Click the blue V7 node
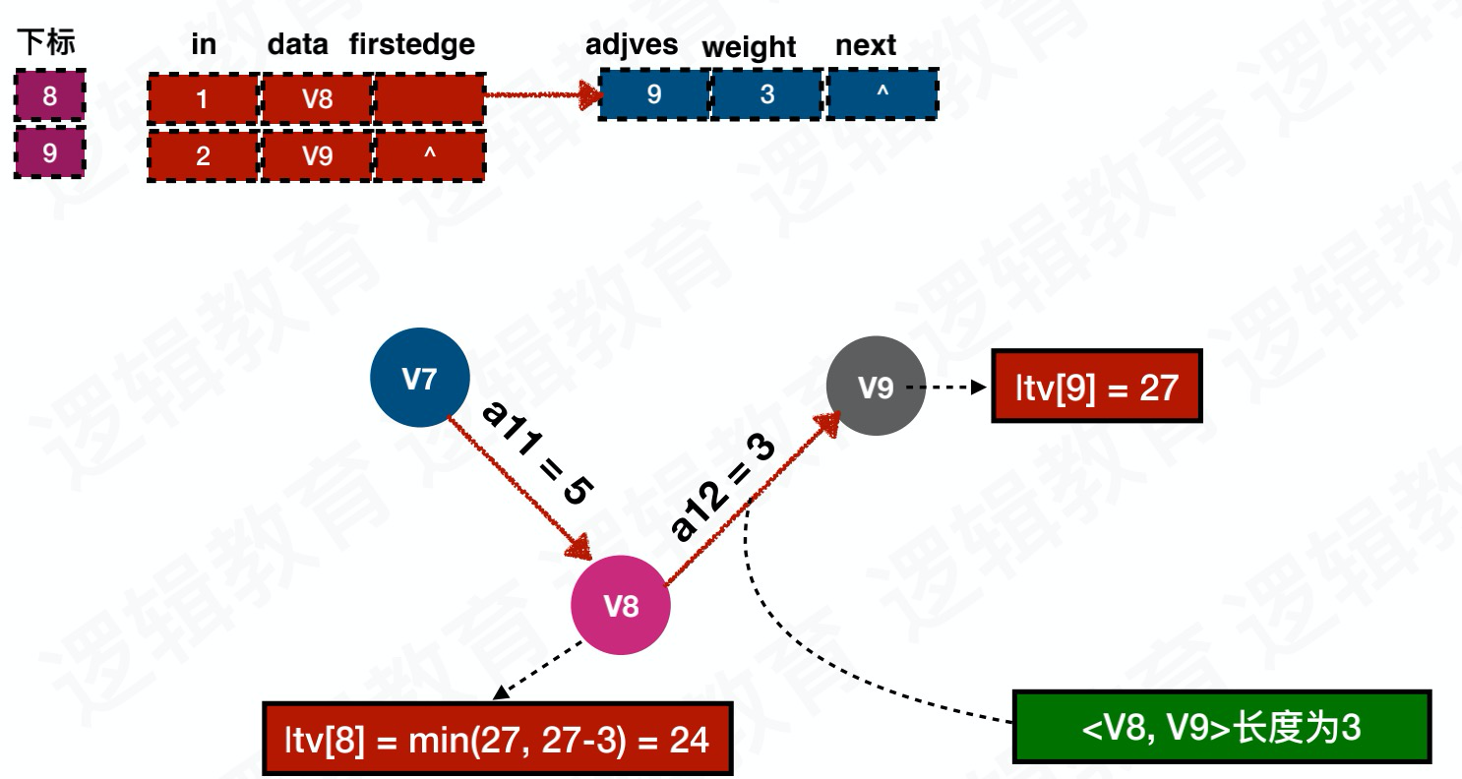click(420, 379)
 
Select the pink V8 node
click(621, 605)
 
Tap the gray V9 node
click(876, 387)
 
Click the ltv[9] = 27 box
click(1096, 387)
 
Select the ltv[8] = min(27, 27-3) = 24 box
click(497, 739)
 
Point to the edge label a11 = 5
click(537, 453)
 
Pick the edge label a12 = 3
click(723, 488)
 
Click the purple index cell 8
click(49, 96)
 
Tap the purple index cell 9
click(49, 152)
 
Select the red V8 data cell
click(317, 98)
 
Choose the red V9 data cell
click(317, 155)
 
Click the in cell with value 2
click(203, 155)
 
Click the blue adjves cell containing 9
click(654, 94)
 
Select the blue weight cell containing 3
click(767, 94)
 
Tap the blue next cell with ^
click(883, 94)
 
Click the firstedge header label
click(412, 44)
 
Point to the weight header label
click(749, 47)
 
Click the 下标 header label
click(46, 42)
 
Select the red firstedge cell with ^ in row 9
click(430, 155)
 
